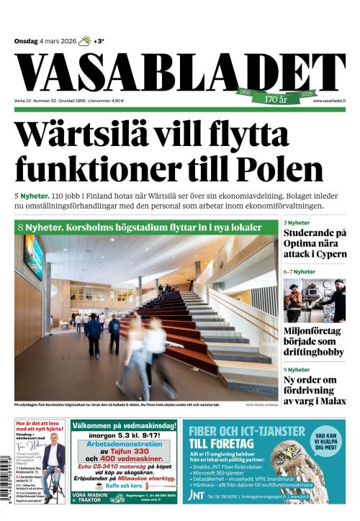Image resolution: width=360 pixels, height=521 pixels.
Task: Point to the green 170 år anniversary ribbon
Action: pyautogui.click(x=278, y=96)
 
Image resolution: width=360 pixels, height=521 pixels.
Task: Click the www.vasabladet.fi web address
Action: pyautogui.click(x=329, y=101)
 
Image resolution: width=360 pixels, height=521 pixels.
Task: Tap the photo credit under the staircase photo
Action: pyautogui.click(x=261, y=405)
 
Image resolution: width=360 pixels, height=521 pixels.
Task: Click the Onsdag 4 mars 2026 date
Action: pyautogui.click(x=45, y=41)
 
